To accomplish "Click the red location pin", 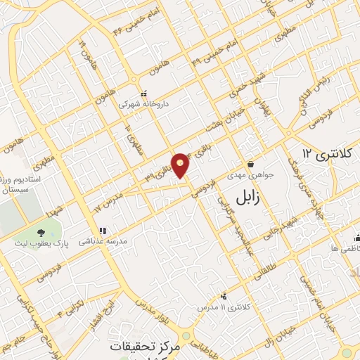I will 181,165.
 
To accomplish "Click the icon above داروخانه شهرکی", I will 143,94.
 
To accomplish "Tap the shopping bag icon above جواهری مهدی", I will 250,164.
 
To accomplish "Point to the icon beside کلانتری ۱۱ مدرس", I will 224,297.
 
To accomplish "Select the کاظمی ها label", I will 345,249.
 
